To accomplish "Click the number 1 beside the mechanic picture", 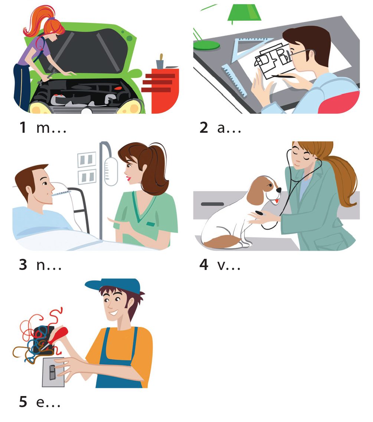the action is (23, 127).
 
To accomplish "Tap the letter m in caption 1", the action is (43, 128).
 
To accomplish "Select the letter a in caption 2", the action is (221, 128).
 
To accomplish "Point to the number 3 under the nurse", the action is (23, 264).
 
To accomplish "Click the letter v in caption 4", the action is (221, 266).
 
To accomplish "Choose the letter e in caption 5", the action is (40, 402).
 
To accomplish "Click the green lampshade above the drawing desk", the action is (244, 12).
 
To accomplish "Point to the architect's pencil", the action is (283, 77).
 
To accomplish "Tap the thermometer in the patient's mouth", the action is (61, 193).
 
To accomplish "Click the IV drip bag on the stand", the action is (111, 171).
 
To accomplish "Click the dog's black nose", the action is (279, 190).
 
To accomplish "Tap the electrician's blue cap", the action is (113, 286).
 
